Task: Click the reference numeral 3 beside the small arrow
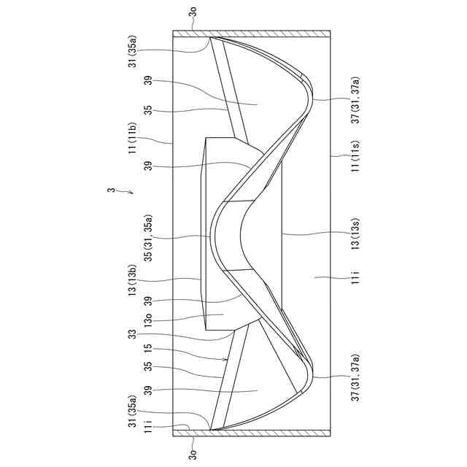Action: [111, 190]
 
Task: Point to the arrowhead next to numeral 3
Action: [131, 193]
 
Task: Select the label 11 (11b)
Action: [132, 138]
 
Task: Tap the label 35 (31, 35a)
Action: [149, 238]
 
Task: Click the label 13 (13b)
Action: [132, 279]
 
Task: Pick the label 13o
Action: [148, 320]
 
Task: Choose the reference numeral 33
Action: [131, 334]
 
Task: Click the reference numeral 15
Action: [148, 349]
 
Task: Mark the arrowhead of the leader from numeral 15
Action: [226, 360]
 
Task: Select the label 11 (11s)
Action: [356, 156]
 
